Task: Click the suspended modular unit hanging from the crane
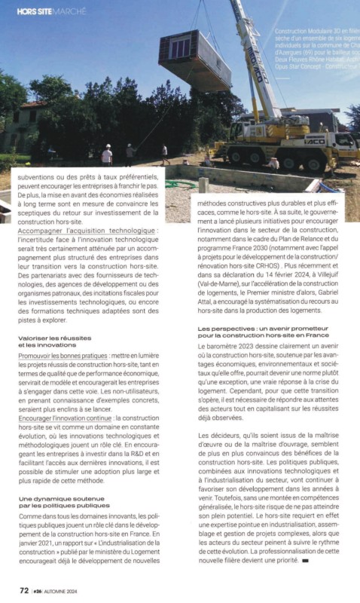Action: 193,60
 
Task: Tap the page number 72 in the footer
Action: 24,590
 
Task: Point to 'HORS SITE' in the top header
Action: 35,11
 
